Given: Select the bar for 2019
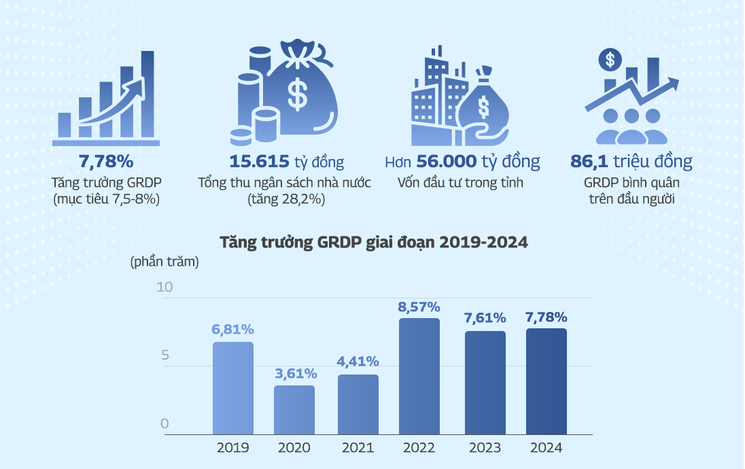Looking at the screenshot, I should pyautogui.click(x=232, y=388).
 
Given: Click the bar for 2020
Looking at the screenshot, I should pyautogui.click(x=294, y=410).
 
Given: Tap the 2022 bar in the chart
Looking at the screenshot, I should pyautogui.click(x=419, y=377).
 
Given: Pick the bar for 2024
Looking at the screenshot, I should pyautogui.click(x=547, y=381).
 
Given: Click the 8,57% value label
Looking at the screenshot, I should pyautogui.click(x=419, y=307).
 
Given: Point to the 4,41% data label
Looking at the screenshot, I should pyautogui.click(x=358, y=361).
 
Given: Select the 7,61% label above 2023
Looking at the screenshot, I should pyautogui.click(x=485, y=318).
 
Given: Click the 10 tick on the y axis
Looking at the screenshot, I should pyautogui.click(x=165, y=288).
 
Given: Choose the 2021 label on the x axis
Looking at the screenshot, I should pyautogui.click(x=358, y=448).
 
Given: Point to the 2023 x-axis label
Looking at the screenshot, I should pyautogui.click(x=485, y=448).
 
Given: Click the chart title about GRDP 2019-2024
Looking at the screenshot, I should pyautogui.click(x=373, y=243).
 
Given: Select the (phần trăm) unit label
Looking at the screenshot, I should pyautogui.click(x=164, y=262).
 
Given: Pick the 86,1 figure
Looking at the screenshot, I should pyautogui.click(x=589, y=162).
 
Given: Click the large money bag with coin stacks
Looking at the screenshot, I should pyautogui.click(x=285, y=92).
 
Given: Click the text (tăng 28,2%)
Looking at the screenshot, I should pyautogui.click(x=285, y=200).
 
